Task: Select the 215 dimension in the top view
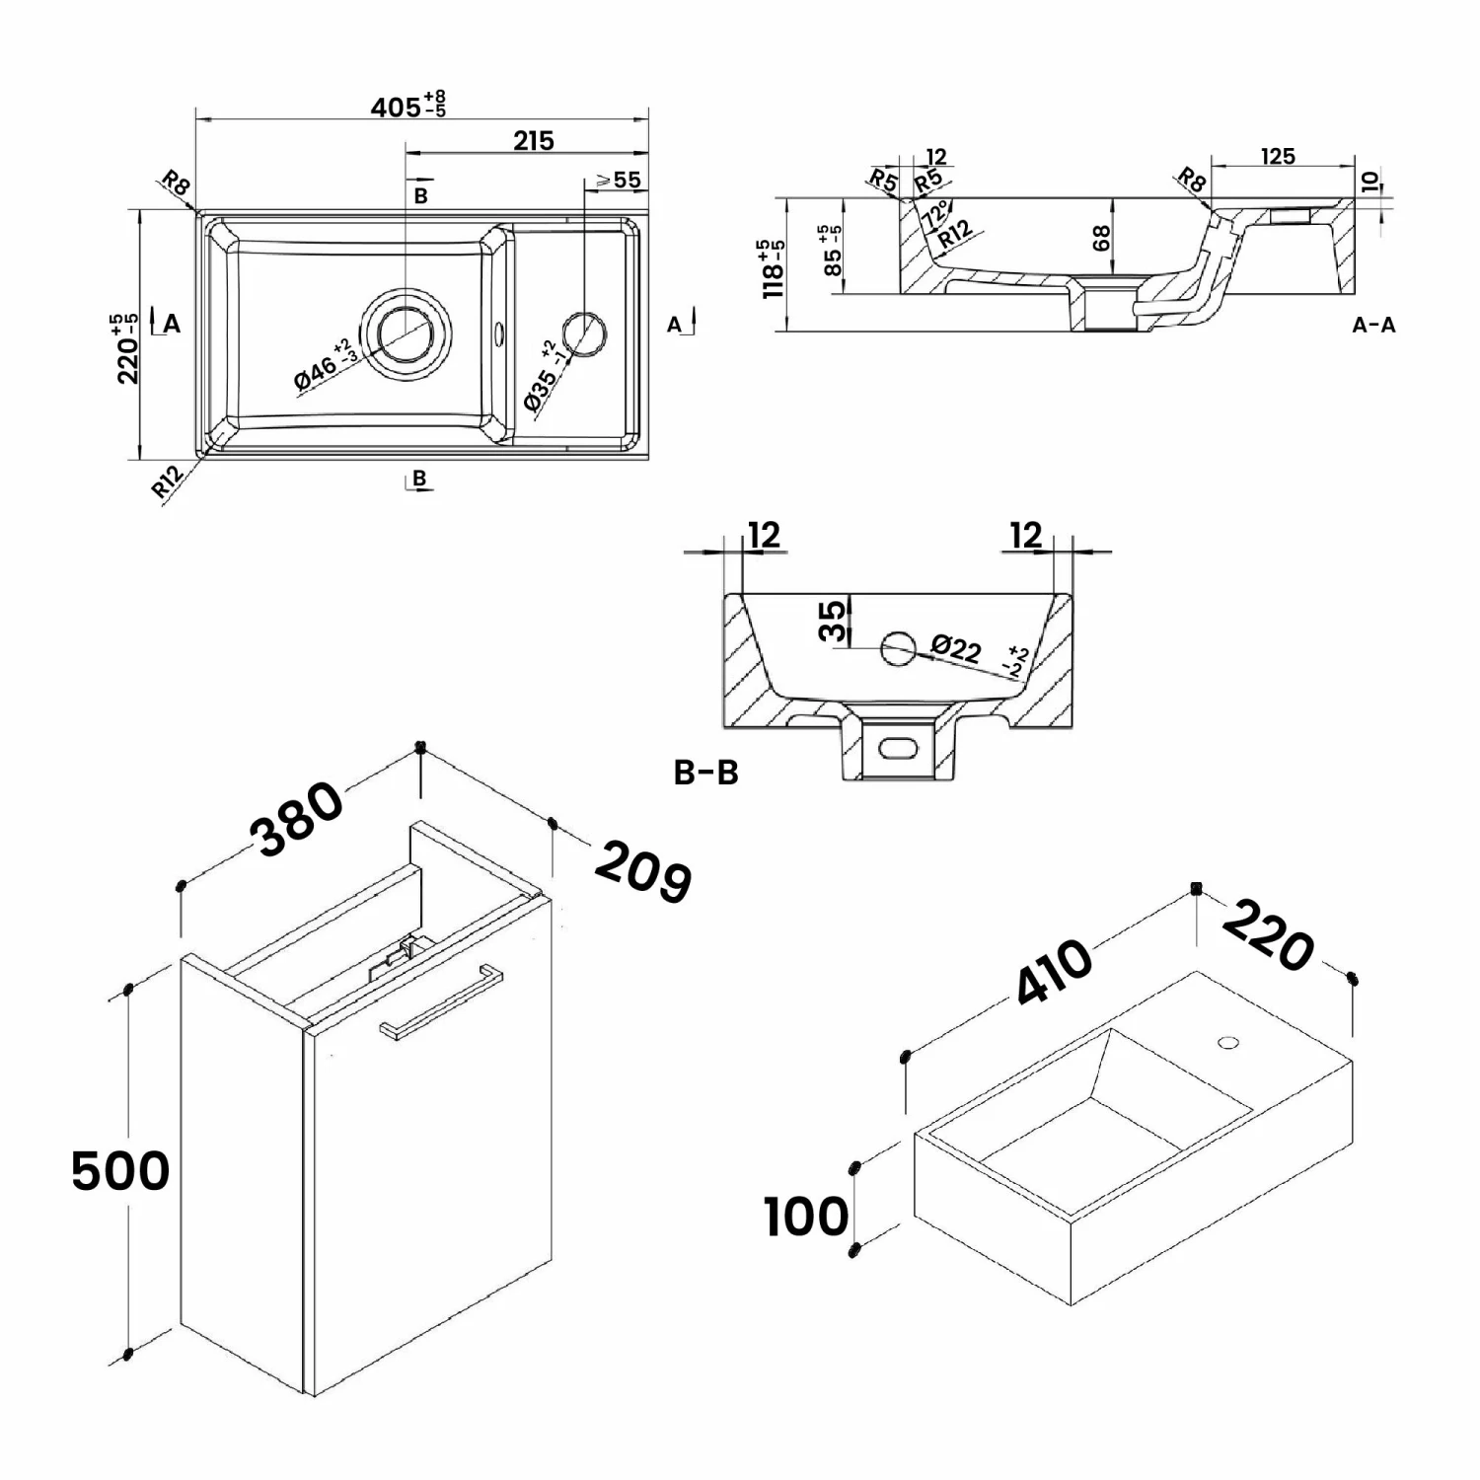533,140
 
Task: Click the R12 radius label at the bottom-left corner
168,481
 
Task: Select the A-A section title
1373,325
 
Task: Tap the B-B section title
705,773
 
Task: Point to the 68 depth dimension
1101,238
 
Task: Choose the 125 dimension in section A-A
1277,156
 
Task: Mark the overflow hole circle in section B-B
899,648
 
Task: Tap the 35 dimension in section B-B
834,621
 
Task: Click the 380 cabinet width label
297,820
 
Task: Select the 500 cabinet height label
120,1171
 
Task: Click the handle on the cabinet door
440,1001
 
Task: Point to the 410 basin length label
1055,972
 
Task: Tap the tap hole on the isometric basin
1228,1041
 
